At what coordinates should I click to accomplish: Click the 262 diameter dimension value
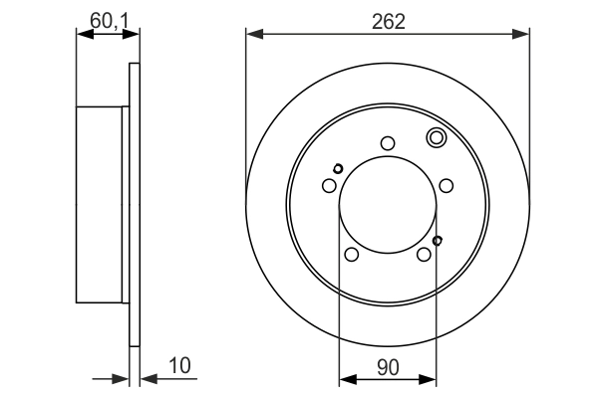pos(388,20)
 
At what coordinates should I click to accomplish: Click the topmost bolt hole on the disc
pos(388,143)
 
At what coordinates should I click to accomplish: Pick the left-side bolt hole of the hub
pos(329,185)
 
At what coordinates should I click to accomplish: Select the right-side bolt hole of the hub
pos(447,185)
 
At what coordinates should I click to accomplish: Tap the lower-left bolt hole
pos(351,255)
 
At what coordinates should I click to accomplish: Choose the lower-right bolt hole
pos(425,255)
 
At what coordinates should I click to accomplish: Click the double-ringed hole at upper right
pos(436,138)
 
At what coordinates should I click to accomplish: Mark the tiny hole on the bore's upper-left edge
pos(338,167)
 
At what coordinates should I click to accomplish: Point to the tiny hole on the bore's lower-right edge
pos(438,240)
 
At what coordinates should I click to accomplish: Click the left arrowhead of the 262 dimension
pos(253,35)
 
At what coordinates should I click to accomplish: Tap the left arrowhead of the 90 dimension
pos(346,377)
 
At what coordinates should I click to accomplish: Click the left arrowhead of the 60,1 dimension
pos(83,35)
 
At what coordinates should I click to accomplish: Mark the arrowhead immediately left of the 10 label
pos(147,377)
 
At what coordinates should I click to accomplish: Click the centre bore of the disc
pos(388,204)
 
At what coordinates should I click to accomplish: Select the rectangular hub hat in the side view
pos(100,204)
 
